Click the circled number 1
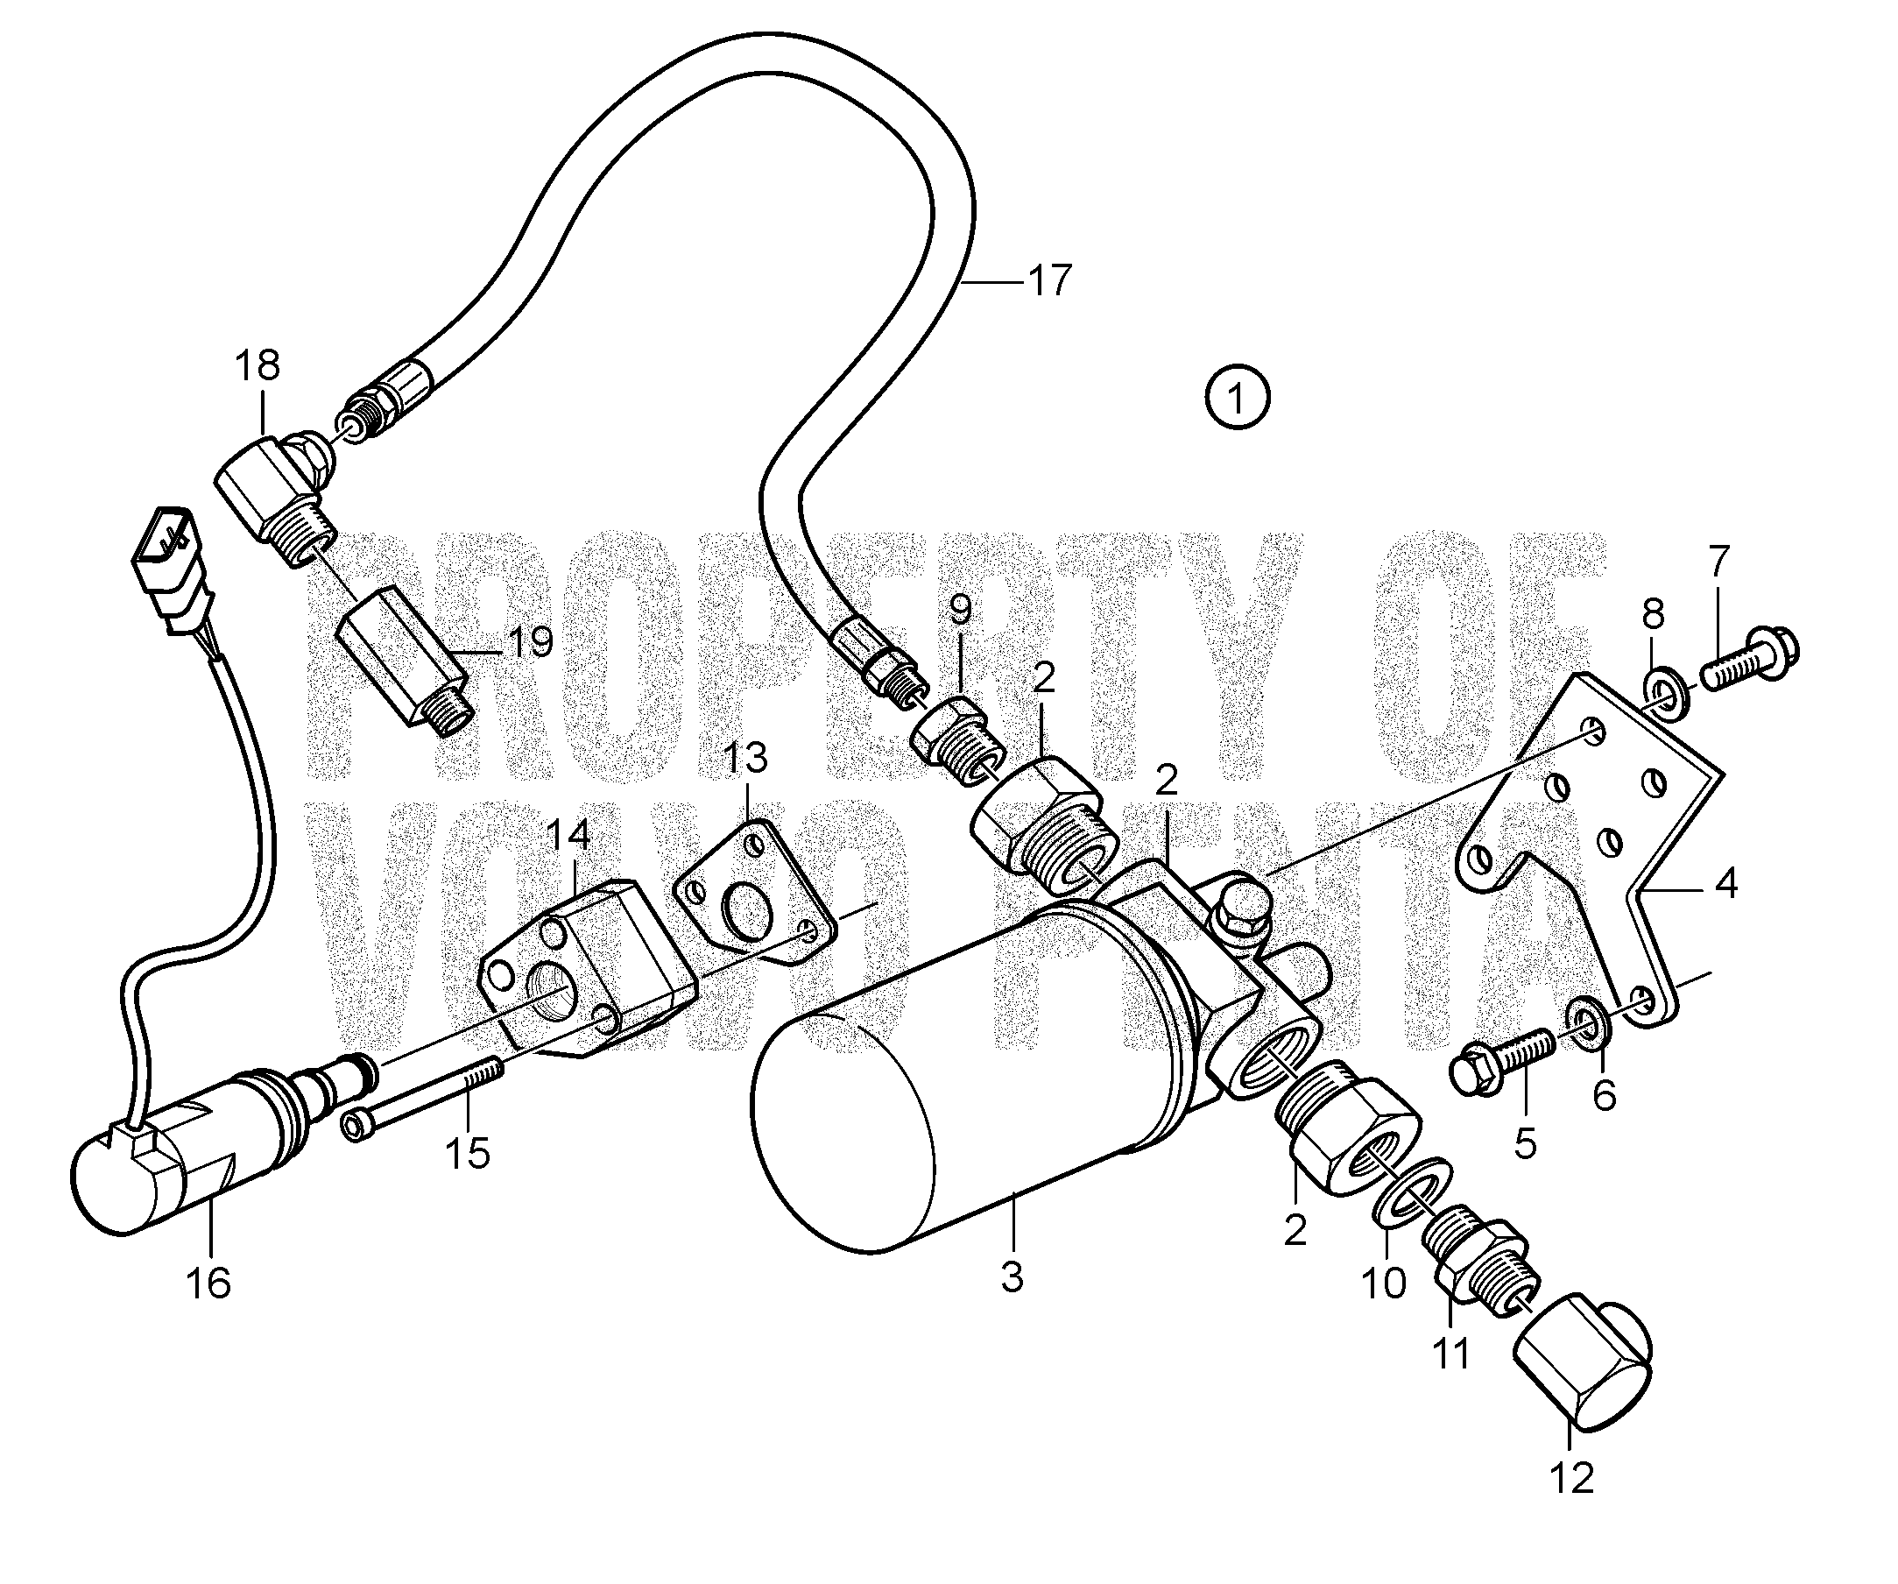coord(1238,397)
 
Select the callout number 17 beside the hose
coord(1049,281)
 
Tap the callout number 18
coord(258,366)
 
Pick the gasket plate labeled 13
coord(753,886)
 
